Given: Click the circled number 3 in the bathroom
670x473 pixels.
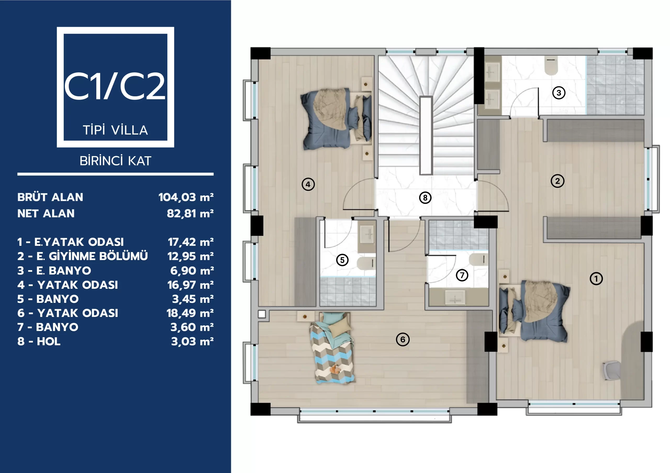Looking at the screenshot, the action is (559, 93).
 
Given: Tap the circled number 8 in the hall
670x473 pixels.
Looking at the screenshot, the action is (425, 198).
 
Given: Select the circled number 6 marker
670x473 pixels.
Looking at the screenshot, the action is (403, 339).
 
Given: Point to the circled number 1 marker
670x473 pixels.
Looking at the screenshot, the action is (596, 279).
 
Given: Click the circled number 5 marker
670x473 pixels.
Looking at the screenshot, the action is (342, 260).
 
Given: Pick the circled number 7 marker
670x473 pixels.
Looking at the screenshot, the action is (462, 275).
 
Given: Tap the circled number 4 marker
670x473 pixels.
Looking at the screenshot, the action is (308, 185).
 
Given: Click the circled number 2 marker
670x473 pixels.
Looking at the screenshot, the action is (557, 181).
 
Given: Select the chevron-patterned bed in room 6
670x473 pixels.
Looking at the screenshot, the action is (333, 348).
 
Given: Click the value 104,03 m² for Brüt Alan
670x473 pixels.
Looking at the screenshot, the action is (186, 197).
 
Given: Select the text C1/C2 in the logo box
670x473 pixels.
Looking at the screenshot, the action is (115, 86).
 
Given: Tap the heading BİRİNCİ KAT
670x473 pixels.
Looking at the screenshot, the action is (116, 161).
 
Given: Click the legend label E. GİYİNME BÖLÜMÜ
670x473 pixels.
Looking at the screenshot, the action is (92, 256).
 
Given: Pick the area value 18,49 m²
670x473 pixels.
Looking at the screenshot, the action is (190, 313).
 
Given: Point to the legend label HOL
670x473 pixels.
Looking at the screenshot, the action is (49, 341).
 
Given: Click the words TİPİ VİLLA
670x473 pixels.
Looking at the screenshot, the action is (116, 130).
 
